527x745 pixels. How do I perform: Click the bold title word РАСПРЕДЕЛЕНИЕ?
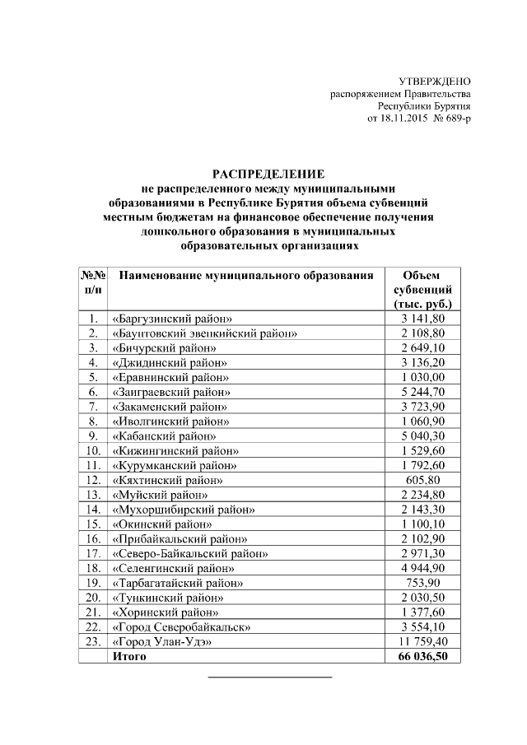click(x=269, y=174)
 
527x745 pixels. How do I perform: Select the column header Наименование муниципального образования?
click(x=240, y=276)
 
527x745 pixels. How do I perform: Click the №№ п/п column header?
click(x=93, y=282)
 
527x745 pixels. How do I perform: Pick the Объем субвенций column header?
click(x=422, y=289)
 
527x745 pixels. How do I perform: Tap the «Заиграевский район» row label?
click(x=170, y=392)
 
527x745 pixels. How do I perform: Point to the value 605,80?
click(x=422, y=479)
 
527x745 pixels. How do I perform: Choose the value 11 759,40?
click(x=422, y=641)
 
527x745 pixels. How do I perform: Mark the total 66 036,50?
click(x=422, y=656)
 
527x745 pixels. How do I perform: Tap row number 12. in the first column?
click(x=93, y=479)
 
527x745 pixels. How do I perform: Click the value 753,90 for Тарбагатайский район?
click(x=422, y=583)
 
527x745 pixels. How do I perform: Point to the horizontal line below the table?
click(x=269, y=677)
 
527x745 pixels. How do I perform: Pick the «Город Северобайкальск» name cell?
click(x=180, y=626)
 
